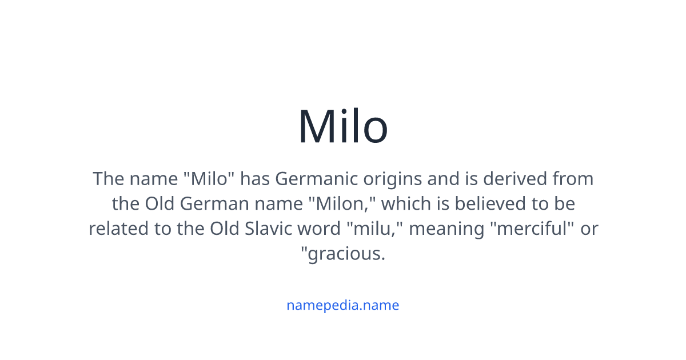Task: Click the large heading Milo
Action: point(343,126)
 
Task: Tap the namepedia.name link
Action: point(342,305)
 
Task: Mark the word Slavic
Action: point(269,229)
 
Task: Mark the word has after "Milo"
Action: point(255,179)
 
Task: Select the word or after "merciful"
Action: point(589,229)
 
